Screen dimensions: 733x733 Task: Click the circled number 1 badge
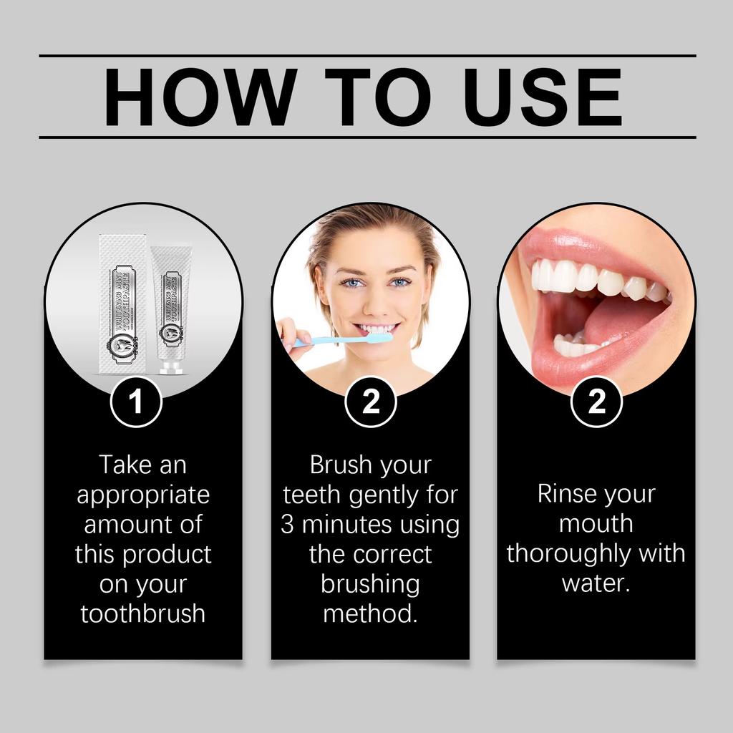136,402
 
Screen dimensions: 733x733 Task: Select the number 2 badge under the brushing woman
371,402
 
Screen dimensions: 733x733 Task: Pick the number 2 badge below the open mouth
596,402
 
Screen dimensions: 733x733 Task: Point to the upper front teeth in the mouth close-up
565,276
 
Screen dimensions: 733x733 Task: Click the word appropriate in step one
143,495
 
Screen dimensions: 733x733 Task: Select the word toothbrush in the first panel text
143,613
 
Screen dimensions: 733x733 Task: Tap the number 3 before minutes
287,525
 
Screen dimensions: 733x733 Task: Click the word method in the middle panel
369,613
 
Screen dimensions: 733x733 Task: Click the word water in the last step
595,583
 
